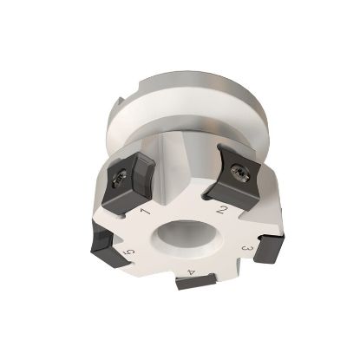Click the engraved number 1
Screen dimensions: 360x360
(145, 211)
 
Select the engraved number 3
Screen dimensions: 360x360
(248, 252)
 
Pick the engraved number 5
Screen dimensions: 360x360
(130, 252)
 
